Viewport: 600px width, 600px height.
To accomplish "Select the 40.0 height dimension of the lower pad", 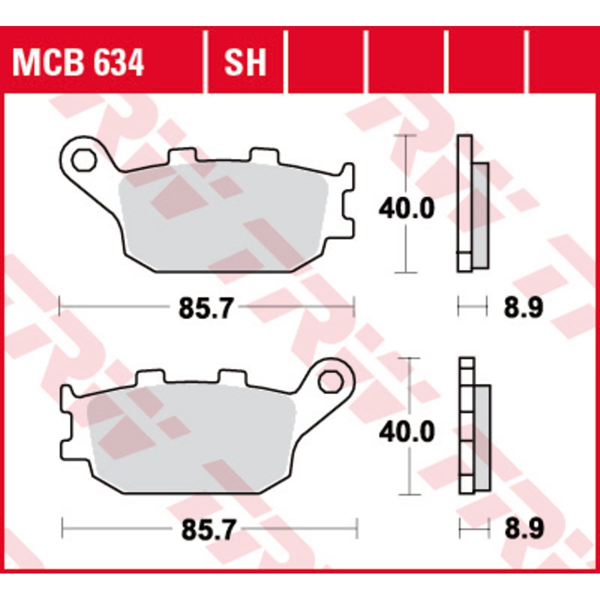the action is click(x=406, y=431).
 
